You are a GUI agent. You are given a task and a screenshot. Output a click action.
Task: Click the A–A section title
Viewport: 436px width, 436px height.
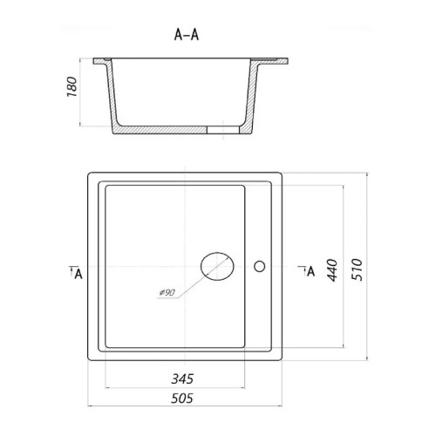(187, 35)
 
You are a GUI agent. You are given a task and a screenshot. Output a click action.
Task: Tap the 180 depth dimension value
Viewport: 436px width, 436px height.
(72, 86)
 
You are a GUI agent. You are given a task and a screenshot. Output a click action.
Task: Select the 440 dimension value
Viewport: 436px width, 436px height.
(332, 270)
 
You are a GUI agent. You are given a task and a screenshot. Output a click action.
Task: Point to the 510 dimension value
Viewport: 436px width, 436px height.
(358, 269)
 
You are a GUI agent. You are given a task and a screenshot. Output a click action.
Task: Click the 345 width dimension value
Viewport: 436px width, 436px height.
(182, 378)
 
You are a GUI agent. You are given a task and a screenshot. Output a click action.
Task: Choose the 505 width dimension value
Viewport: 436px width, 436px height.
(182, 399)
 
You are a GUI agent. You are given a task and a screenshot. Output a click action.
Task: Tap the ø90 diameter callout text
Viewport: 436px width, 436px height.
(167, 292)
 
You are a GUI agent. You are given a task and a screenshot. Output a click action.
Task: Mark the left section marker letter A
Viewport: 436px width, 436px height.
(78, 274)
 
